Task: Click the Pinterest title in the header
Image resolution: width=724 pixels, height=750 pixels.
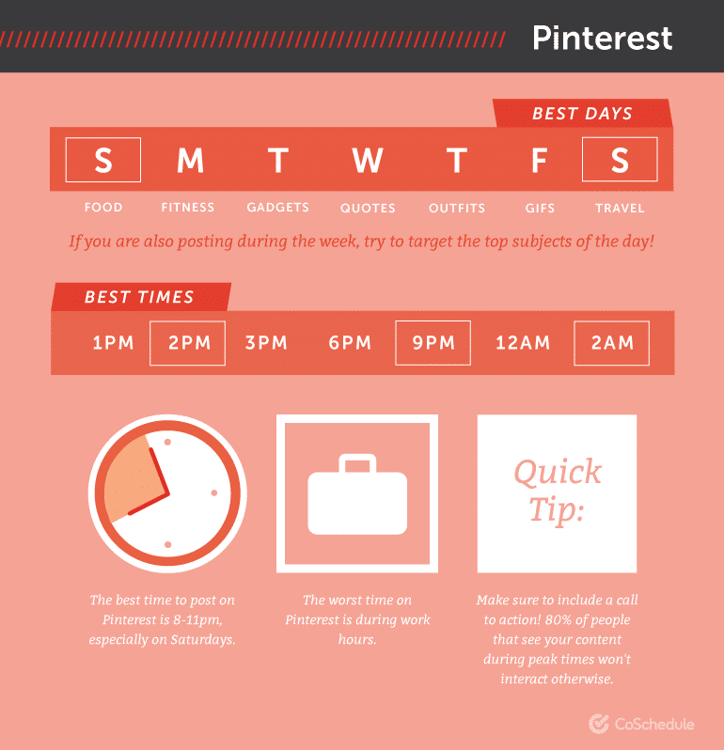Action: pos(602,38)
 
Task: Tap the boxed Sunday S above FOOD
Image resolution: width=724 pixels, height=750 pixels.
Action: pos(102,160)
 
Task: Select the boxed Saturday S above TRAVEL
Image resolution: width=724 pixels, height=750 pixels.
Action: pos(620,160)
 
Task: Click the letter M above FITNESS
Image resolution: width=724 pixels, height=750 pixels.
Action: pos(190,161)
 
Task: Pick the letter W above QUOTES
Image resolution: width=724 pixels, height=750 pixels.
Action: pos(368,161)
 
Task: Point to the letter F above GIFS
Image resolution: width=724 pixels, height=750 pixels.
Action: pos(539,161)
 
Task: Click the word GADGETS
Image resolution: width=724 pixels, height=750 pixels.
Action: pos(278,208)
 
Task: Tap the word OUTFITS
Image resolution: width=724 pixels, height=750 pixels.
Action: pos(457,208)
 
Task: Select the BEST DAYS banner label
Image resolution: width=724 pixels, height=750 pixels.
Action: pos(582,114)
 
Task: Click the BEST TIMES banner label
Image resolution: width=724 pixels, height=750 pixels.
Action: pos(139,297)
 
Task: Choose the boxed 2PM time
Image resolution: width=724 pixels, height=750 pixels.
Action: pos(188,343)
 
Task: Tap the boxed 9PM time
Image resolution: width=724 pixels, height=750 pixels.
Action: pos(433,343)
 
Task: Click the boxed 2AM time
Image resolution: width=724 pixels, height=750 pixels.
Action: pos(612,343)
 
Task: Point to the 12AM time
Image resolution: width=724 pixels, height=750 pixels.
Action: pos(523,343)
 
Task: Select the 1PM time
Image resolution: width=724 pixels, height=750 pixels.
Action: pos(114,343)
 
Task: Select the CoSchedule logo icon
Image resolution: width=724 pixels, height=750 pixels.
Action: pos(599,724)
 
